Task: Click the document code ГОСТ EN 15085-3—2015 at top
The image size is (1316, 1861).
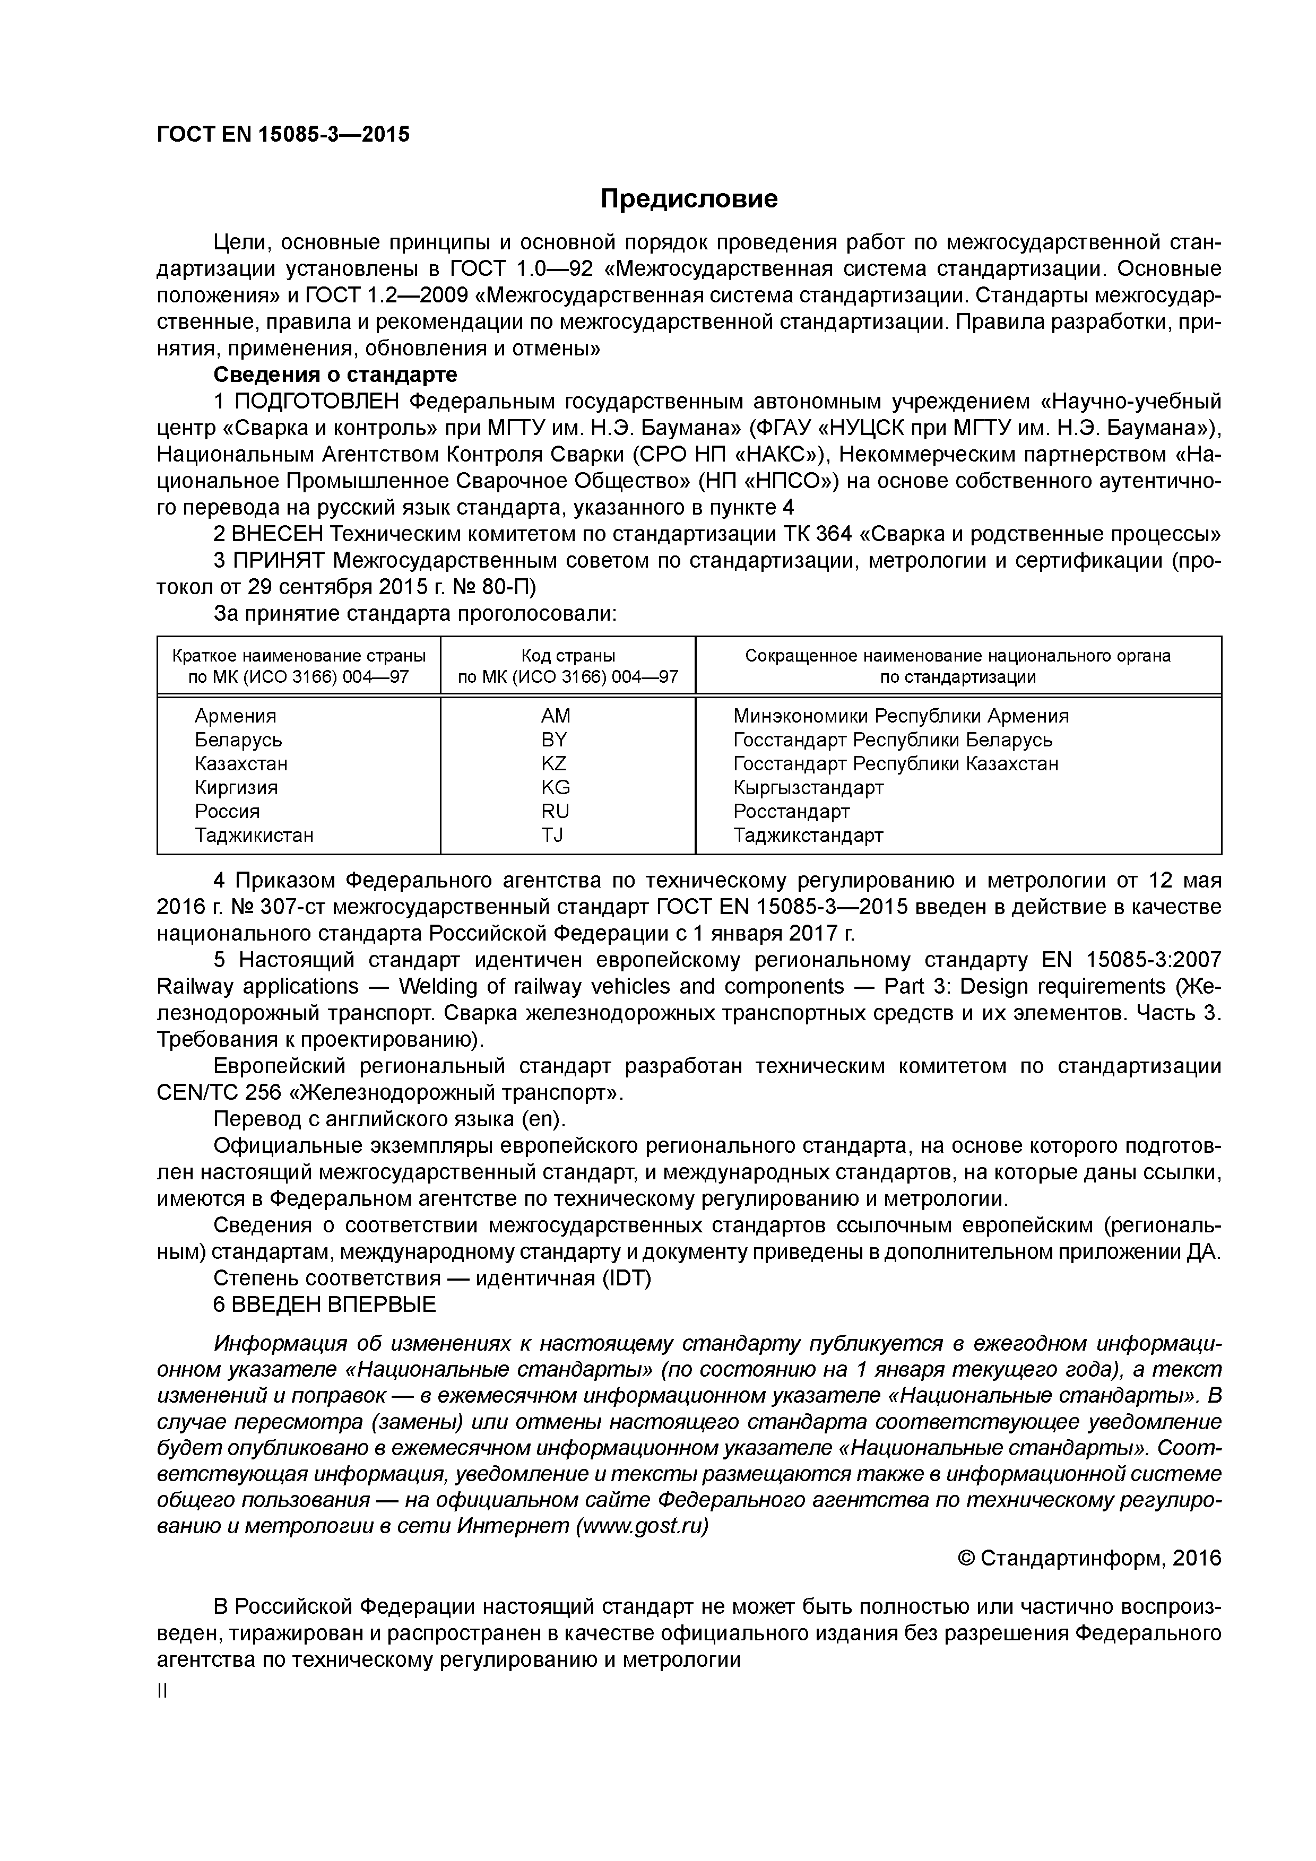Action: [x=283, y=135]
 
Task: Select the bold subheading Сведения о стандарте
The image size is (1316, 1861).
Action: [x=335, y=375]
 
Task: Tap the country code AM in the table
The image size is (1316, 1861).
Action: [x=556, y=716]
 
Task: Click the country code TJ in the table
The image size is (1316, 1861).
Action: [x=552, y=835]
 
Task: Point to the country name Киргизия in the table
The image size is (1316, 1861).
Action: [x=236, y=787]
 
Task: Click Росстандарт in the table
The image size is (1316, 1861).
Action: [x=791, y=811]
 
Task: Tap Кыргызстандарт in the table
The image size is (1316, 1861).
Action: [x=808, y=787]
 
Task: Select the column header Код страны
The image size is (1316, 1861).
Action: [x=568, y=656]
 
